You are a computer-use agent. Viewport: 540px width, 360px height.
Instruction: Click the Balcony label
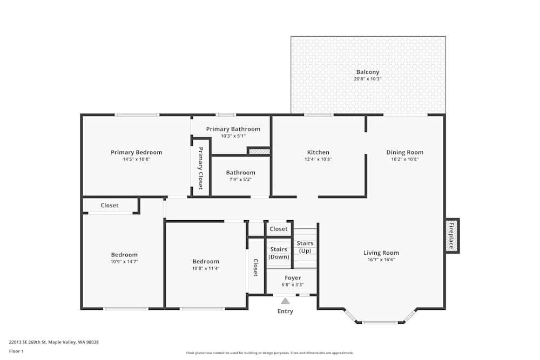(367, 72)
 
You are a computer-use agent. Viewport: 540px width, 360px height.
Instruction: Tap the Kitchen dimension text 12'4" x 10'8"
(318, 159)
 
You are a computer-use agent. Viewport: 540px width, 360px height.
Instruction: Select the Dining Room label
(404, 152)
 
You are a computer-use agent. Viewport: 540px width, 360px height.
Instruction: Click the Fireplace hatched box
(452, 236)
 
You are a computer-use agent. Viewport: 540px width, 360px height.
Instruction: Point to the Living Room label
(381, 253)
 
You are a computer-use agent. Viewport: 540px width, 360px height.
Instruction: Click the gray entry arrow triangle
(285, 301)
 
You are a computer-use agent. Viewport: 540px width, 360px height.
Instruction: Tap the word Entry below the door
(285, 311)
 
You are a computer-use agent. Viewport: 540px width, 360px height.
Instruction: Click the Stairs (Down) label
(279, 253)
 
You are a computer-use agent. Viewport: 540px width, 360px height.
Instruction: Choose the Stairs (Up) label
(305, 247)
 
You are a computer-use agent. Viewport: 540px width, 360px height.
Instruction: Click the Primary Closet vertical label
(200, 168)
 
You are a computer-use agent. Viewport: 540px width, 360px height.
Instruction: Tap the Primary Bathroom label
(233, 129)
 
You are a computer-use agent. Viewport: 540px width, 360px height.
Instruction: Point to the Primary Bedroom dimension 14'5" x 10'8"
(136, 159)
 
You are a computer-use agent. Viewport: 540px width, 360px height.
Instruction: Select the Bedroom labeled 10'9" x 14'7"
(124, 261)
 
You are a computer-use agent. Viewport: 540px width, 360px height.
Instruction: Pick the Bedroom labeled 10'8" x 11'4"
(206, 268)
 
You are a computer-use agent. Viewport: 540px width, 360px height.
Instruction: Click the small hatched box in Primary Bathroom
(259, 152)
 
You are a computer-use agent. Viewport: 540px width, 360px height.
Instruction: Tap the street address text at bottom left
(53, 342)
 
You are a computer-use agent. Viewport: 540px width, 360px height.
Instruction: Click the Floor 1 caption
(16, 351)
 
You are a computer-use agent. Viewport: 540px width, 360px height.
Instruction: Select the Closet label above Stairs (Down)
(279, 229)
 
